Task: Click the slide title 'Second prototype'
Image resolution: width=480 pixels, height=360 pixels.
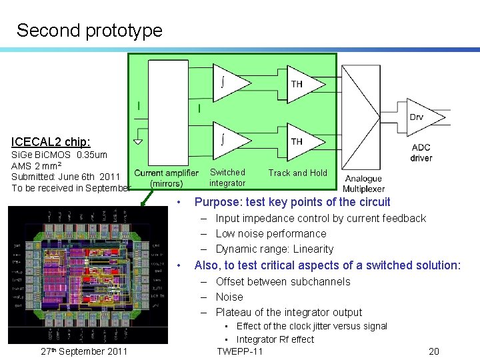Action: pyautogui.click(x=89, y=30)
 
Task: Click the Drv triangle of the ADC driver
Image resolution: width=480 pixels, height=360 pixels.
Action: pyautogui.click(x=417, y=117)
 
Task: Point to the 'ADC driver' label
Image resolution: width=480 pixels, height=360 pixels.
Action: pyautogui.click(x=421, y=153)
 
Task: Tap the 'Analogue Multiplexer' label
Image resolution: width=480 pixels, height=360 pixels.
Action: pyautogui.click(x=363, y=183)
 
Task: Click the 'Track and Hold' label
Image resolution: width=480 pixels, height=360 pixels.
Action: pyautogui.click(x=297, y=173)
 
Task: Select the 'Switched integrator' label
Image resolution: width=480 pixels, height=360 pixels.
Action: pyautogui.click(x=227, y=177)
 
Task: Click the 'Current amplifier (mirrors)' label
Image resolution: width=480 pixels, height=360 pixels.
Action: pyautogui.click(x=166, y=178)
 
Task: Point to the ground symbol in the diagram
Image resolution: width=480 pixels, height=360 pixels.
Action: pyautogui.click(x=137, y=141)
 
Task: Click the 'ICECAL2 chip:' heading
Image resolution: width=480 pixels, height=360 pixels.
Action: pyautogui.click(x=51, y=142)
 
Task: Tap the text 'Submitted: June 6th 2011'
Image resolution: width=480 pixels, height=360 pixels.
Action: pyautogui.click(x=65, y=176)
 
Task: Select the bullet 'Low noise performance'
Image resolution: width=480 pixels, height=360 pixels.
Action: pyautogui.click(x=271, y=233)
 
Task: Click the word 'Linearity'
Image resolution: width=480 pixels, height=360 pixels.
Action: pyautogui.click(x=313, y=249)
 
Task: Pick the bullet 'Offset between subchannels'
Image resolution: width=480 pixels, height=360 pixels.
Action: pyautogui.click(x=283, y=281)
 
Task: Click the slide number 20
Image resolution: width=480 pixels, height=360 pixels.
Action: pyautogui.click(x=434, y=351)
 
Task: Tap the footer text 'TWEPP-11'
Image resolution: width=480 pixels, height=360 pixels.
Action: pyautogui.click(x=240, y=351)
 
